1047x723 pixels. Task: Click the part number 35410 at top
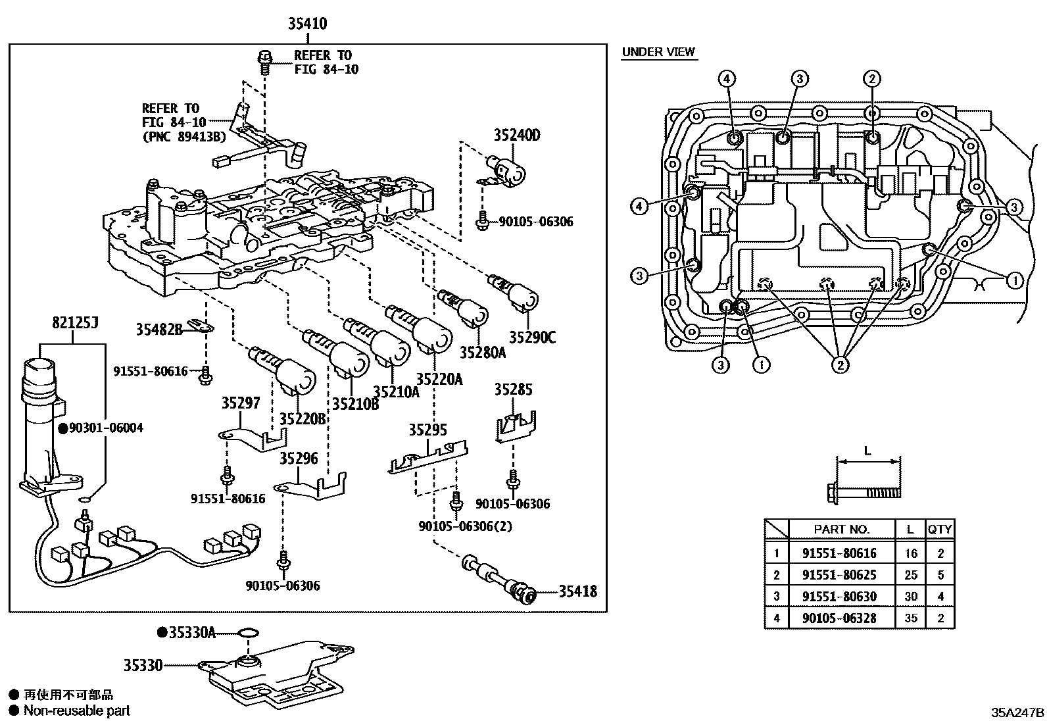pos(307,24)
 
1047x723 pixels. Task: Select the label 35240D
pos(517,135)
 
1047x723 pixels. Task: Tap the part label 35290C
pos(532,337)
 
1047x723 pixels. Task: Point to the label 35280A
pos(482,352)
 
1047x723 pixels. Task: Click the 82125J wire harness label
pos(75,322)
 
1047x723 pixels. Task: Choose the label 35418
pos(577,591)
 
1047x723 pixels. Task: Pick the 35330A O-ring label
pos(192,633)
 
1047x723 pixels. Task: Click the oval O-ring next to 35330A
pos(248,634)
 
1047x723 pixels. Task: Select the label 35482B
pos(159,330)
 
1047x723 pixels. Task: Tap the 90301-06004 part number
pos(106,428)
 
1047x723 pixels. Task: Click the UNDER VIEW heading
pos(658,52)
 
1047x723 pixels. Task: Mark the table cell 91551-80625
pos(839,575)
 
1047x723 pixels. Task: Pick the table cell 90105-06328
pos(839,618)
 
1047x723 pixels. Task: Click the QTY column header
pos(940,530)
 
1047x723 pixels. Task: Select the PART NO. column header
pos(841,530)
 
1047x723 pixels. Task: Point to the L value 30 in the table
pos(910,597)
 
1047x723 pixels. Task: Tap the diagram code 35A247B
pos(1017,712)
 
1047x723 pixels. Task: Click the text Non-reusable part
pos(77,711)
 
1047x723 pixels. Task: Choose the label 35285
pos(513,389)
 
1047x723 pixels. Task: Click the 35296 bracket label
pos(298,459)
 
